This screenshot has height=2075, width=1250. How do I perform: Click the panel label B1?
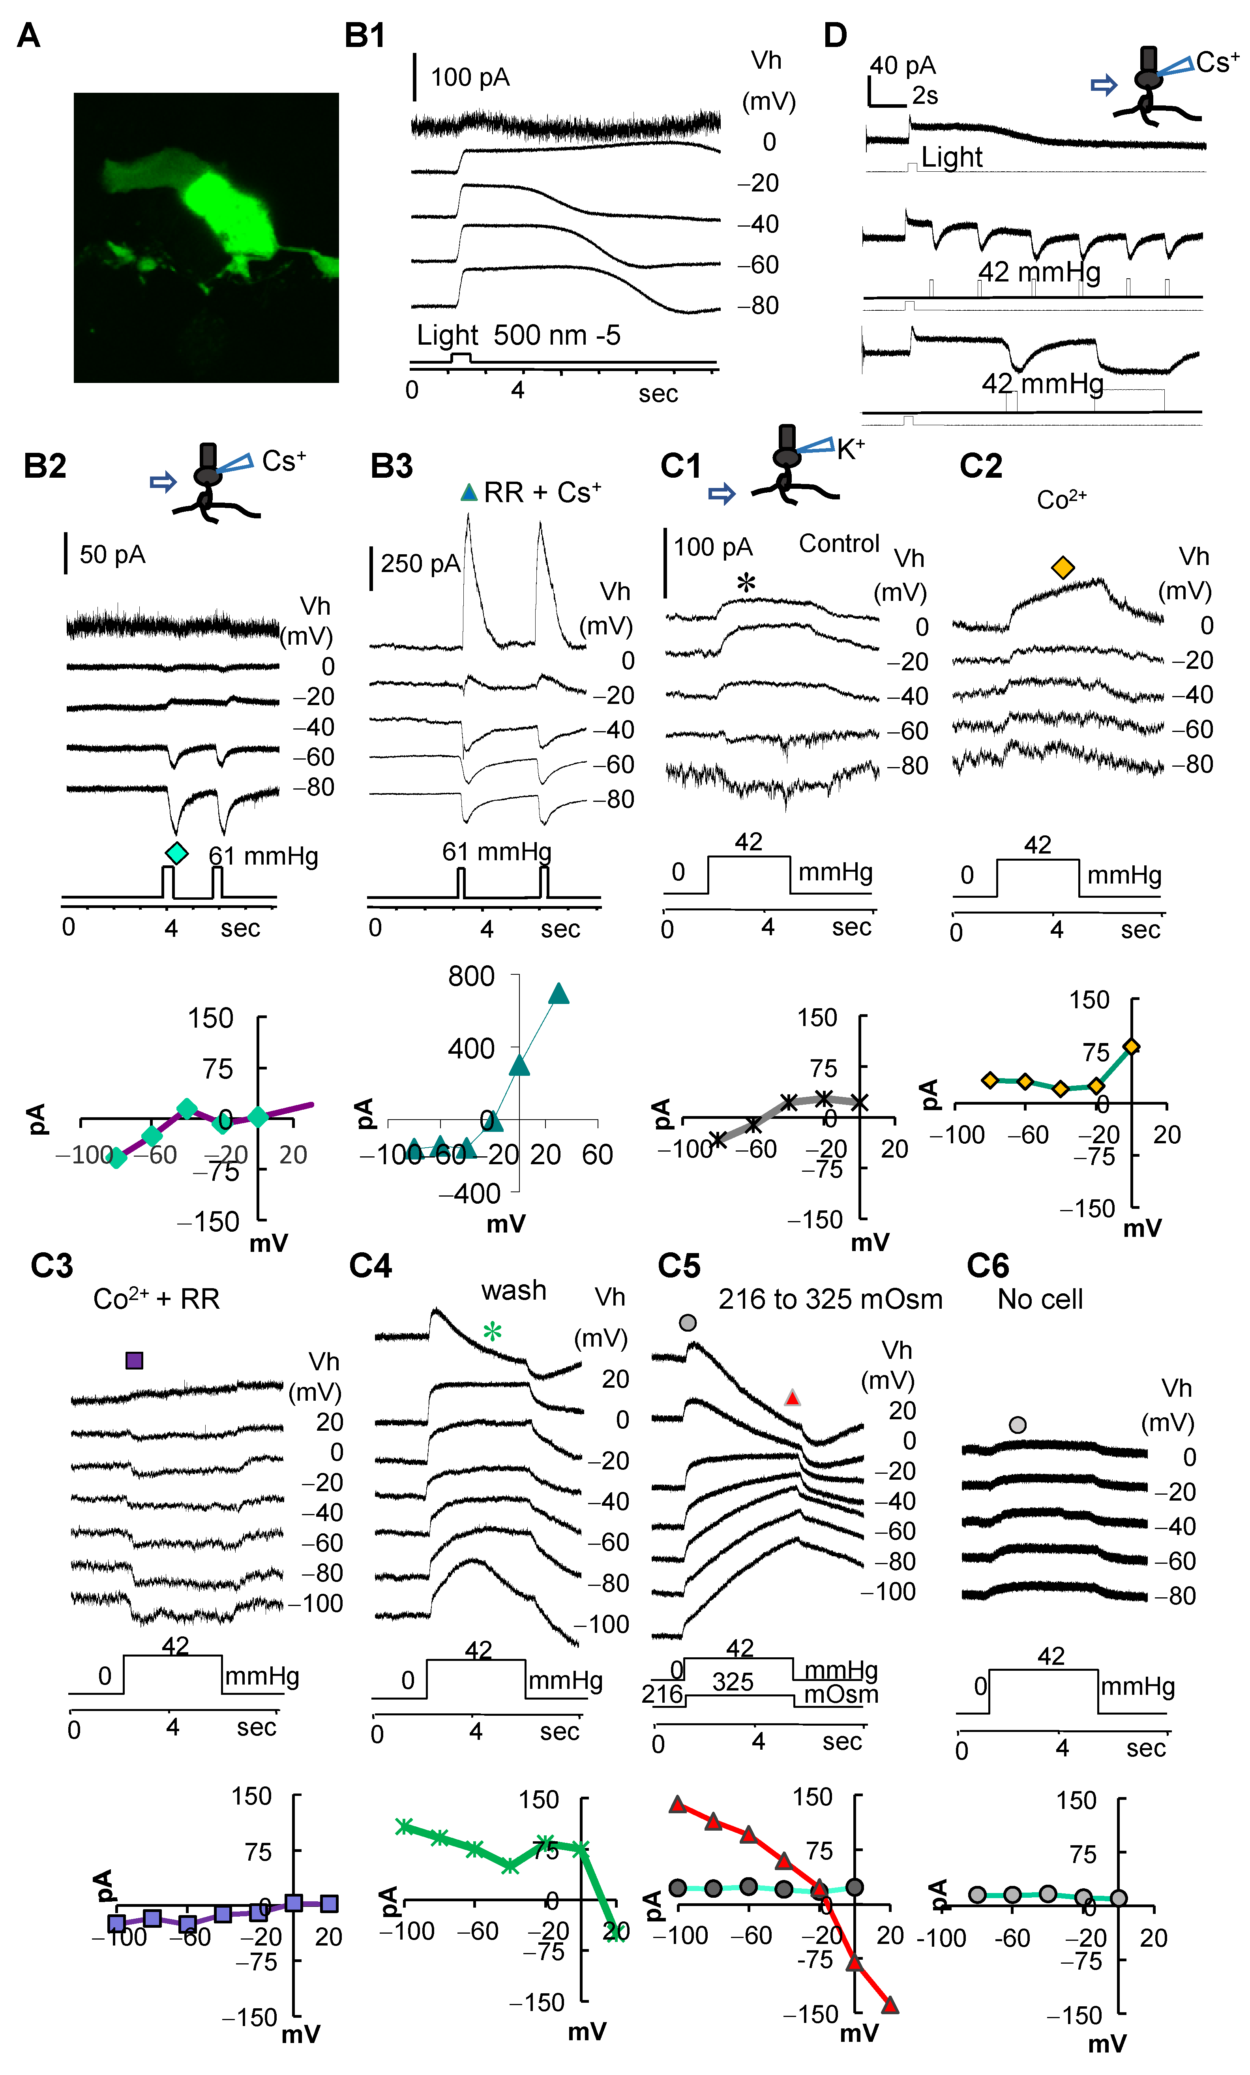(364, 36)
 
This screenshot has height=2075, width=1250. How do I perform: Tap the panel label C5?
(678, 1266)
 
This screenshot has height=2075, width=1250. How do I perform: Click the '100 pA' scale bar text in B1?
(470, 77)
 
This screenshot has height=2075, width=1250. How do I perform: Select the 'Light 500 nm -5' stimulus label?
(519, 335)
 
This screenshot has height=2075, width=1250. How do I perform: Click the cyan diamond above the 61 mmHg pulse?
(176, 853)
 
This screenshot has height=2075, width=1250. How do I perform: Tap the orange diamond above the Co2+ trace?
(1063, 568)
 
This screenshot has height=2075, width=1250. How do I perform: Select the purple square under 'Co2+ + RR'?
(134, 1360)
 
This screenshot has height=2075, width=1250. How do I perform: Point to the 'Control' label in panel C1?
(839, 544)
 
